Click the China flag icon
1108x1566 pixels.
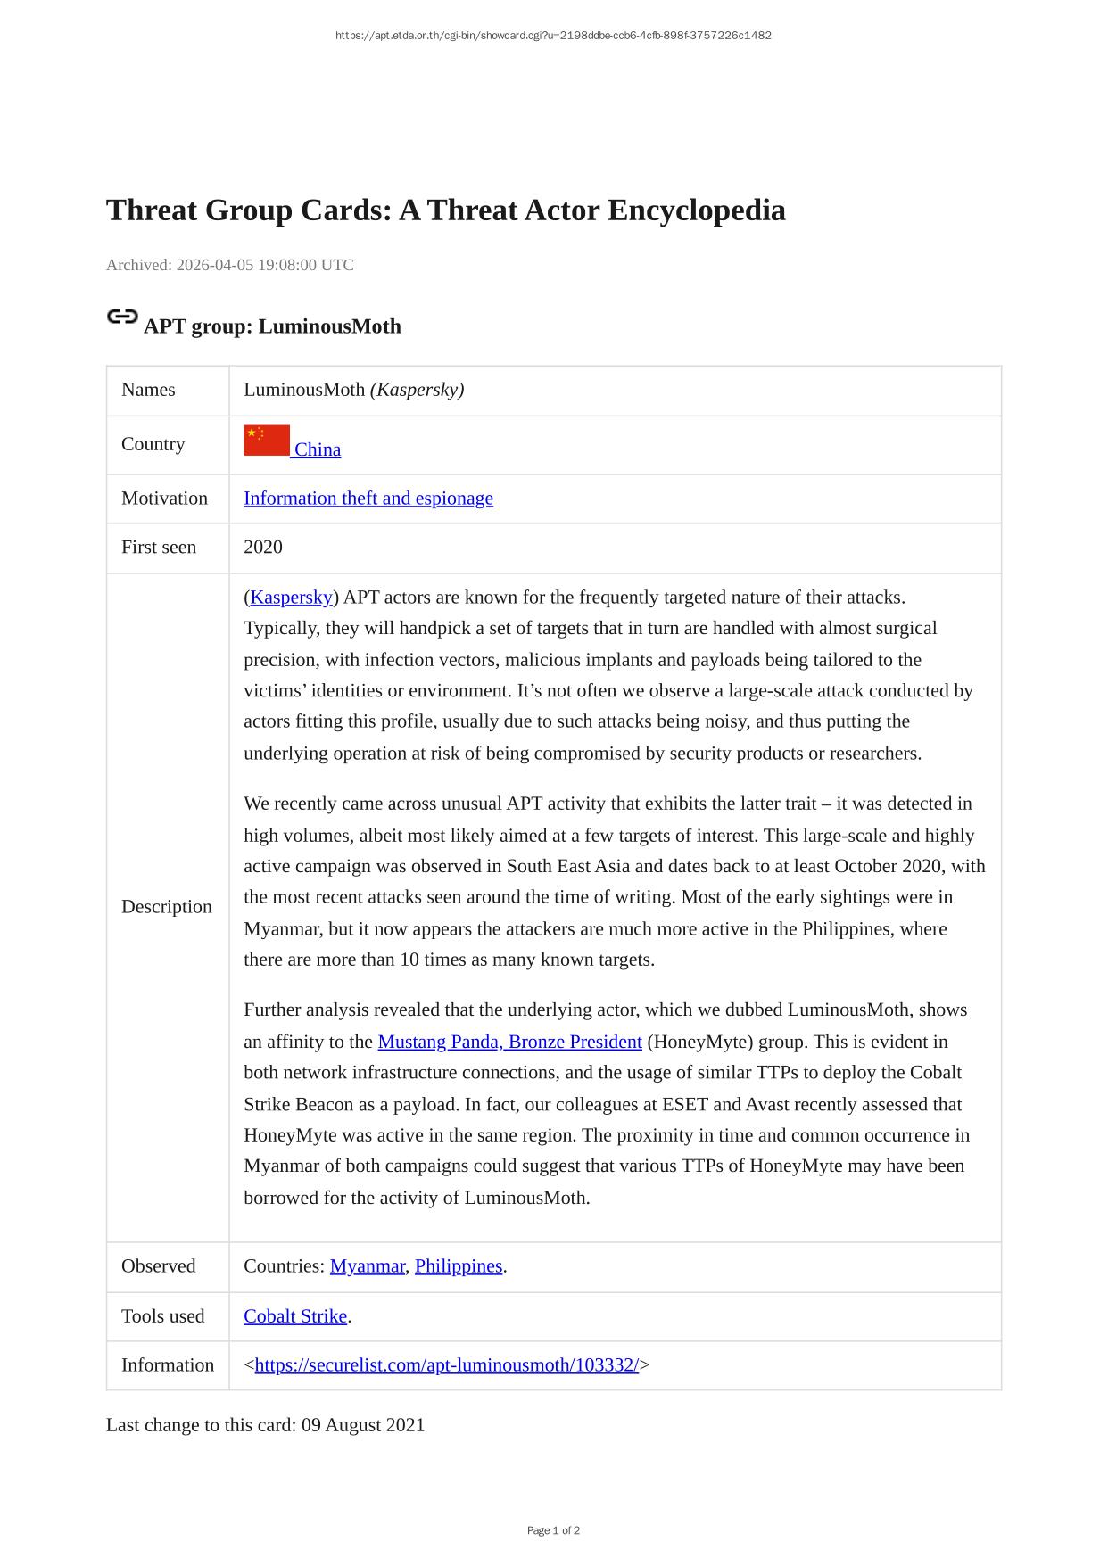tap(267, 441)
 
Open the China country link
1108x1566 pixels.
tap(318, 449)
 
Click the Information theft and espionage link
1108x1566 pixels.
tap(368, 499)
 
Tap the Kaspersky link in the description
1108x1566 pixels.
tap(291, 598)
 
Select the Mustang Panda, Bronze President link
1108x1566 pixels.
tap(509, 1042)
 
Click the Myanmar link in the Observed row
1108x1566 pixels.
tap(367, 1266)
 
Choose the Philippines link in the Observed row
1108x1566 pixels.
tap(459, 1266)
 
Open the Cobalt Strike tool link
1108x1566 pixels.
tap(295, 1316)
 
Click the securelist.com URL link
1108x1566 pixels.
tap(446, 1365)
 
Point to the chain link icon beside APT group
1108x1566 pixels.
tap(121, 317)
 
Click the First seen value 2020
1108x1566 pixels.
tap(263, 548)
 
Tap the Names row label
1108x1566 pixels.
tap(148, 390)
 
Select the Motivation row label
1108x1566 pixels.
tap(164, 499)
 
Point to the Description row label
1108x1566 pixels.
tap(167, 907)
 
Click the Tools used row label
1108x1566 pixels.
tap(162, 1316)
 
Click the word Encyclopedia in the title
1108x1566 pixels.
tap(697, 210)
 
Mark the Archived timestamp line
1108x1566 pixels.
tap(230, 265)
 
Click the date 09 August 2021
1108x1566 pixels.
tap(363, 1425)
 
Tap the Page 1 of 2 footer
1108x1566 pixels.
tap(553, 1530)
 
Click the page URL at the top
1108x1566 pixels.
tap(553, 36)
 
